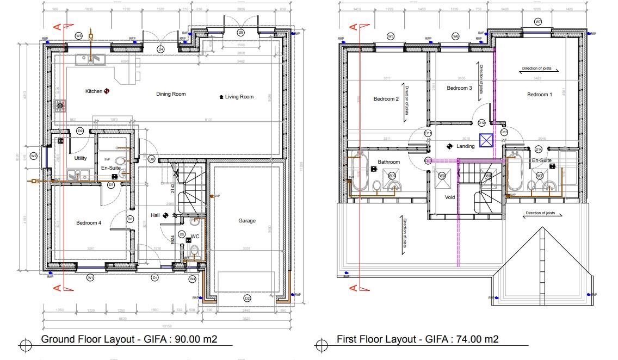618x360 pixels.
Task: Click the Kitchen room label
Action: click(x=94, y=91)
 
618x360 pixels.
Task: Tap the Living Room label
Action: click(x=239, y=97)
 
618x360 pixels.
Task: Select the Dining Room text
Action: click(x=171, y=94)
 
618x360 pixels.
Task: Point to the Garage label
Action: click(x=246, y=221)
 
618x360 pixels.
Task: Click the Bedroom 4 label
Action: click(x=88, y=223)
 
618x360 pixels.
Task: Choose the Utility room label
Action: click(x=81, y=158)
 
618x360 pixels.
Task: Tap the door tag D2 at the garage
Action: click(x=247, y=298)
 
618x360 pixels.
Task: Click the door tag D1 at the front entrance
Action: click(x=154, y=278)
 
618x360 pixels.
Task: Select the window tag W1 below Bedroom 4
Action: click(x=91, y=278)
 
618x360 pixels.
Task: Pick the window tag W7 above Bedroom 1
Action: click(x=538, y=22)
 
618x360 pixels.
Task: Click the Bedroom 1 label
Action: click(x=539, y=95)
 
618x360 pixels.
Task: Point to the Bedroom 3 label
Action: click(x=459, y=88)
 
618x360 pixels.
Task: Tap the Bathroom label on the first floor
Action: click(x=389, y=162)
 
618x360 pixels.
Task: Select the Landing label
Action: click(x=466, y=146)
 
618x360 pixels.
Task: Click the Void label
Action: click(x=449, y=197)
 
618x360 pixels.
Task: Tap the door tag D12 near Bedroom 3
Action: click(x=481, y=123)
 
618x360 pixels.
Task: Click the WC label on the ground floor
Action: click(x=195, y=237)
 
